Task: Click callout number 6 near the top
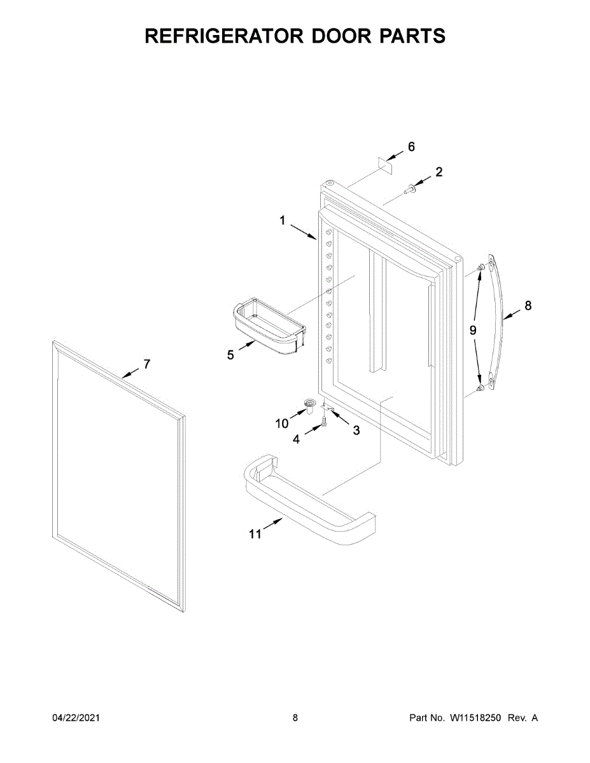411,147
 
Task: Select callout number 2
439,171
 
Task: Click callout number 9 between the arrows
473,330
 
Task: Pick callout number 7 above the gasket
146,364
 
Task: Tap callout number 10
282,423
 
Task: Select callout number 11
255,534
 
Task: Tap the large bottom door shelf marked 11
306,502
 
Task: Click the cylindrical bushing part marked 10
309,406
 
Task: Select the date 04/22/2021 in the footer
76,718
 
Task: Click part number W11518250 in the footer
476,718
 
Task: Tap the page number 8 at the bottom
295,718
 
